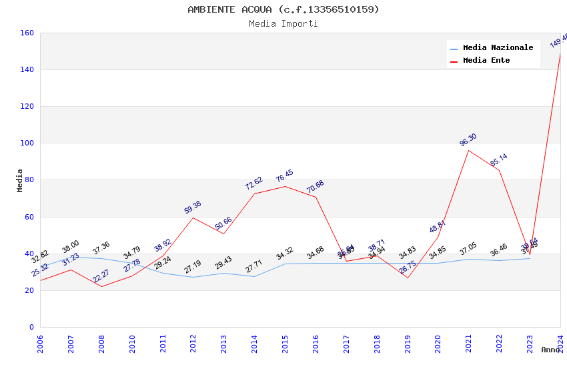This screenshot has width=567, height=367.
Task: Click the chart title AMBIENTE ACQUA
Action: [283, 9]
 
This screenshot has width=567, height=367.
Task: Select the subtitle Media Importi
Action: [283, 24]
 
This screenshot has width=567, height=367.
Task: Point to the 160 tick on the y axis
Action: [27, 33]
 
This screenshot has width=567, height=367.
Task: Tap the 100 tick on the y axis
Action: [27, 143]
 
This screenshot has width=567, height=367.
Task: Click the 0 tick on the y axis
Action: [31, 328]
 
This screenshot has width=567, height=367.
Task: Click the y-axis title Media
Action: [20, 180]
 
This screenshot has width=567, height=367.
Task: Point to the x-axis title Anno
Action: [550, 350]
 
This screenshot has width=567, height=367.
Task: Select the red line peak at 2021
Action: [468, 150]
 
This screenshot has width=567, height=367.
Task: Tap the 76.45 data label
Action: [285, 176]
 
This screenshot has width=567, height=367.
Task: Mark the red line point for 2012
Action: [193, 218]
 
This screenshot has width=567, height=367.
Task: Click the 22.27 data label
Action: [101, 276]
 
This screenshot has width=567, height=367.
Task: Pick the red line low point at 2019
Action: [408, 278]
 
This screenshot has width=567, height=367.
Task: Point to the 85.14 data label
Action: [498, 160]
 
